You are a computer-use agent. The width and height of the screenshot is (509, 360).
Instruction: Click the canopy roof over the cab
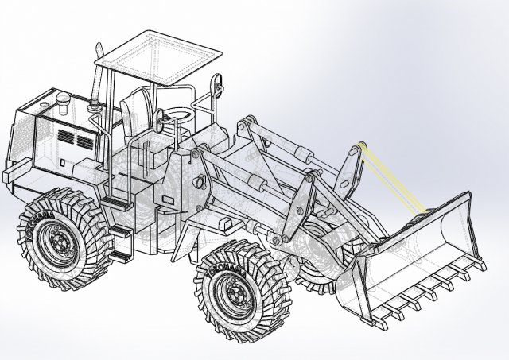click(x=159, y=56)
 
